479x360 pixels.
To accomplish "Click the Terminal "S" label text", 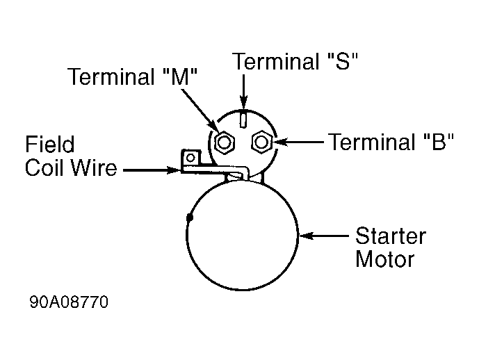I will pos(295,61).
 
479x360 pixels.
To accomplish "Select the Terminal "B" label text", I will pos(391,142).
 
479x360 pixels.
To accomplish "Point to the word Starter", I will pos(391,236).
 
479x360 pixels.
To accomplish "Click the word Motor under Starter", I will pos(384,259).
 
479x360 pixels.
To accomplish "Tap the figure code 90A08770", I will pos(69,303).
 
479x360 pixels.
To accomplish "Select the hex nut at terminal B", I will pos(261,142).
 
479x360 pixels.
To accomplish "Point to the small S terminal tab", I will pos(243,120).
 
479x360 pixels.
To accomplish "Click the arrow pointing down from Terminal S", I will pos(243,92).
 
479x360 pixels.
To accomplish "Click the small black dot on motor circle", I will pos(190,218).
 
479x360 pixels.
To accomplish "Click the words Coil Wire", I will pos(71,168).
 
